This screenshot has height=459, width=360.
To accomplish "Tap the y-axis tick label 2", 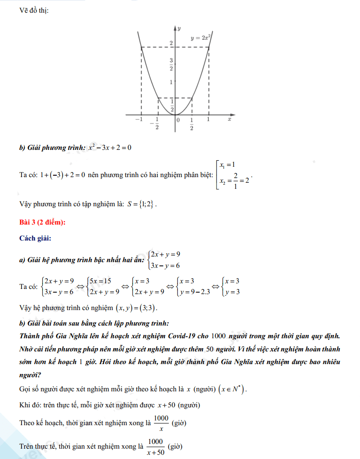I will coord(171,43).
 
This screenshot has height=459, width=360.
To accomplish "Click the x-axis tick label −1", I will coord(139,120).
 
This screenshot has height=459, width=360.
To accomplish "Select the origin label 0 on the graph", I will coord(178,120).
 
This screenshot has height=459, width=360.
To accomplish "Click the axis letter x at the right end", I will coord(230,119).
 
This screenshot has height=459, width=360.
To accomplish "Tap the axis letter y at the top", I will coord(179,29).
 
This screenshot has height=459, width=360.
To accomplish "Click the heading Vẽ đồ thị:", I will coord(34,11).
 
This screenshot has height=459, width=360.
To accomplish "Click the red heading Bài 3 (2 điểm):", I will coord(42,223).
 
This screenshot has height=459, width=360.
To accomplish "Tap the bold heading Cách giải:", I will coord(35,238).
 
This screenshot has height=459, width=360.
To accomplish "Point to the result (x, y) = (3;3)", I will coord(137,308).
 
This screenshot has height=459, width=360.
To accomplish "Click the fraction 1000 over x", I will coord(161,422).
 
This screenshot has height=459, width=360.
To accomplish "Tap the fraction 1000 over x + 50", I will coord(155,446).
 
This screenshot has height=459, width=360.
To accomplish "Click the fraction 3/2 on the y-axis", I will coord(171,64).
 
